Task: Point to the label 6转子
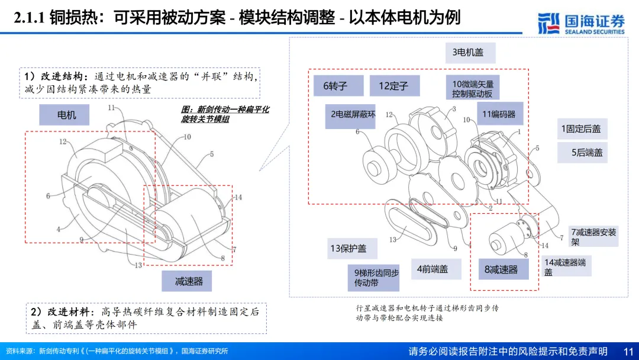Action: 335,86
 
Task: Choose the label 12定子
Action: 393,86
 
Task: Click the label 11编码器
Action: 498,114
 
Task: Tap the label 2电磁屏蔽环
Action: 353,114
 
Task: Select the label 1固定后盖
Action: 580,128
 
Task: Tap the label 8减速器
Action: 501,269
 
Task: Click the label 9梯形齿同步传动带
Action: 373,278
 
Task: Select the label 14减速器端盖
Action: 564,266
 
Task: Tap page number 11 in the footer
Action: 628,351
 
